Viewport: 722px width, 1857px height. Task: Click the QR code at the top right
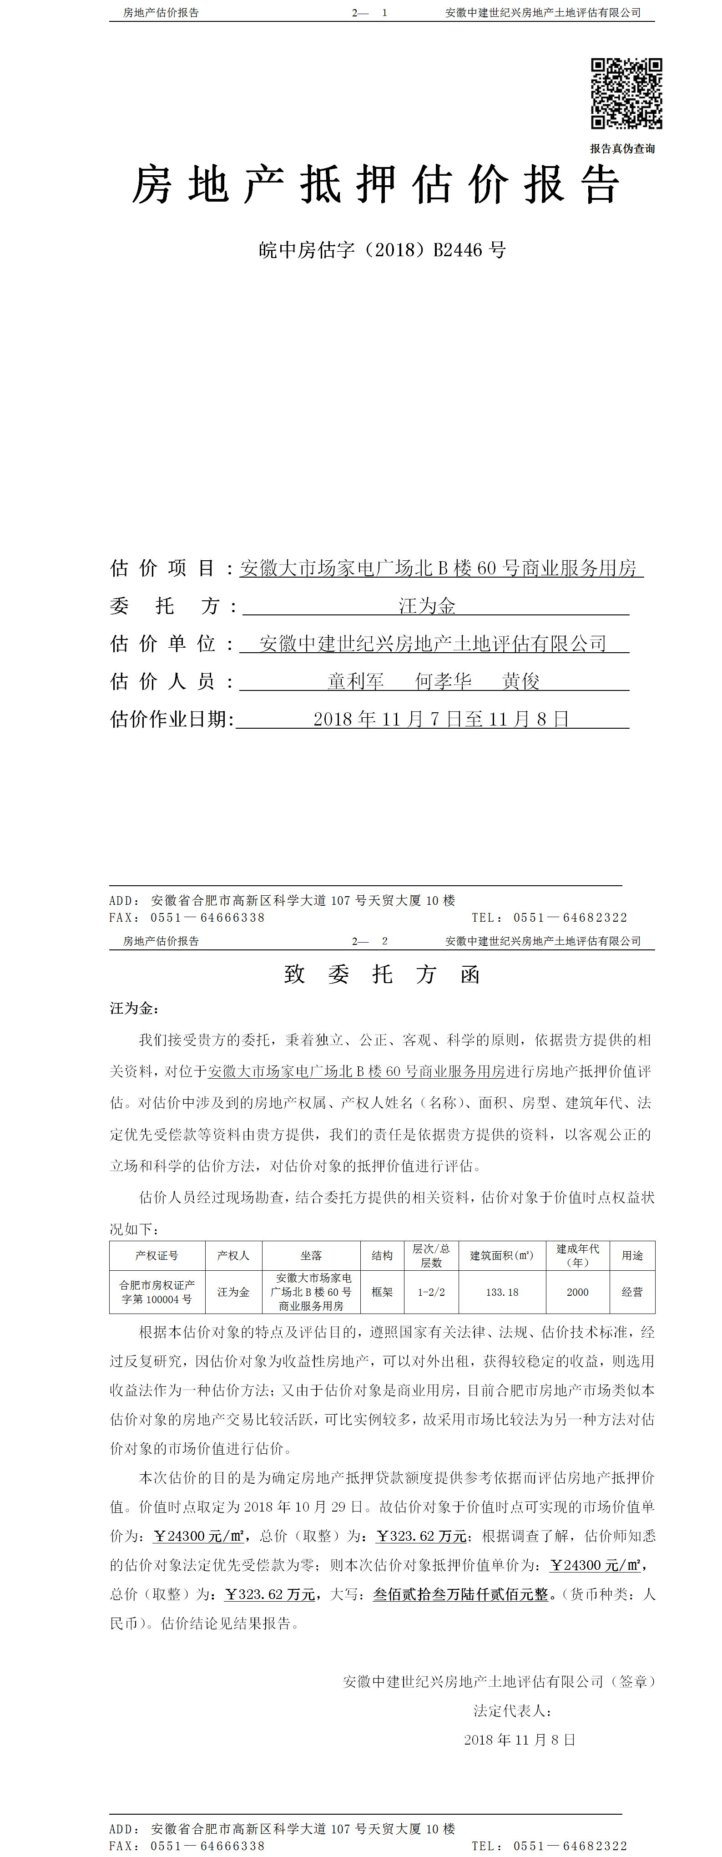pyautogui.click(x=626, y=94)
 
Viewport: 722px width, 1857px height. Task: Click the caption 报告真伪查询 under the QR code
pyautogui.click(x=622, y=148)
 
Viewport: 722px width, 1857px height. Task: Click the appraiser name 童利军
pyautogui.click(x=355, y=681)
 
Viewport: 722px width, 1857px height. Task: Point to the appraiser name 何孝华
pyautogui.click(x=443, y=681)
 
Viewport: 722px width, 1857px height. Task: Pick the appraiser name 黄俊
pyautogui.click(x=520, y=681)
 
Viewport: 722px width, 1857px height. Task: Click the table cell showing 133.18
pyautogui.click(x=502, y=1292)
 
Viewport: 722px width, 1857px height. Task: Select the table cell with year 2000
pyautogui.click(x=577, y=1292)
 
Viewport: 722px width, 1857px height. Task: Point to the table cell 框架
pyautogui.click(x=382, y=1292)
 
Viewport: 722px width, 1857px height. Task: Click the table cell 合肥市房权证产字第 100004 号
pyautogui.click(x=157, y=1292)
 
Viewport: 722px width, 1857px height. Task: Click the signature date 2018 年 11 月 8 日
pyautogui.click(x=520, y=1740)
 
